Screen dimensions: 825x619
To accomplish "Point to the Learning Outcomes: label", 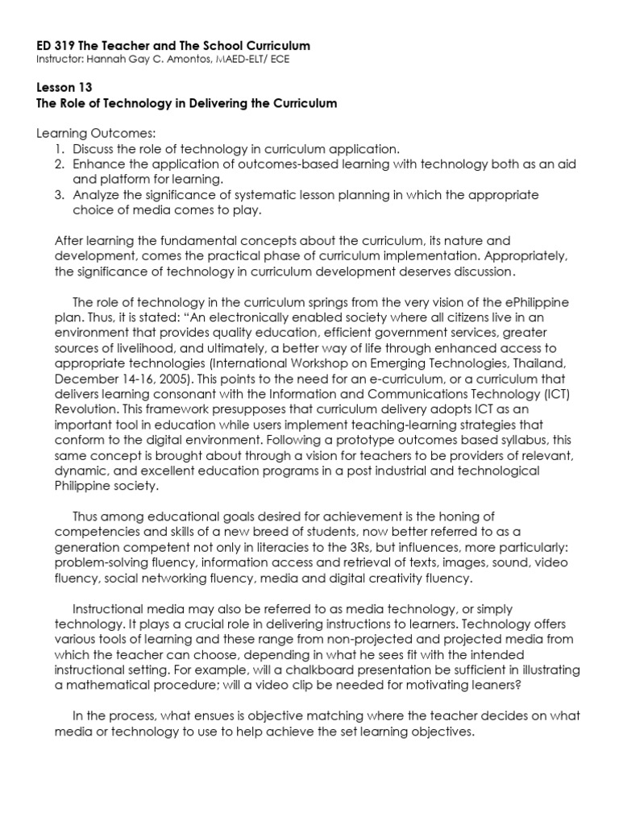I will click(x=99, y=133).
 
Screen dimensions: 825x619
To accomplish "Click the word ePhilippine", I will click(x=533, y=302).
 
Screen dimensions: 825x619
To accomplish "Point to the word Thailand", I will click(x=538, y=363).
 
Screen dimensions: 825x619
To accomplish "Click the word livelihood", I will click(x=131, y=348).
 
